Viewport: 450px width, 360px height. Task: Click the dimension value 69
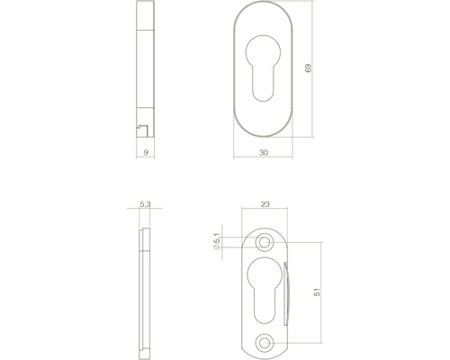coord(309,69)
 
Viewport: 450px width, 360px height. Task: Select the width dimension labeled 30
coord(264,153)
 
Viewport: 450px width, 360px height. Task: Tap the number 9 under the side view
coord(146,153)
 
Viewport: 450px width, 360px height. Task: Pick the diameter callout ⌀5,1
coord(216,241)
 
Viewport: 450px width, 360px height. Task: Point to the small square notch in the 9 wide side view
coord(142,131)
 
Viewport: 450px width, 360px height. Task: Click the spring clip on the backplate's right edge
coord(287,292)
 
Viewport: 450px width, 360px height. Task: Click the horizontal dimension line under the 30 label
coord(264,160)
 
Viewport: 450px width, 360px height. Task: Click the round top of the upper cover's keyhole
coord(264,46)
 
